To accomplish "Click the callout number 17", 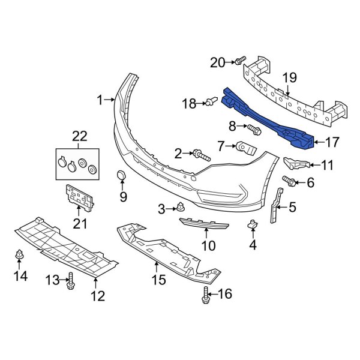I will coord(332,142).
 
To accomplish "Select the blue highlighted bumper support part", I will coord(270,120).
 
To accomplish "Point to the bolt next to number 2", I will coord(201,156).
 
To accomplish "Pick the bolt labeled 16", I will coord(207,294).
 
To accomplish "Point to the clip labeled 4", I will coord(253,226).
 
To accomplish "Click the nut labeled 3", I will coord(179,208).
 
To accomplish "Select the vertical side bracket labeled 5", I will coord(277,205).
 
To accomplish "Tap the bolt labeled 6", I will coord(289,180).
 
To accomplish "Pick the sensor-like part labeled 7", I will coord(247,146).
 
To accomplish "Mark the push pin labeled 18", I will coord(211,103).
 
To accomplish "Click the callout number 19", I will coord(289,76).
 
